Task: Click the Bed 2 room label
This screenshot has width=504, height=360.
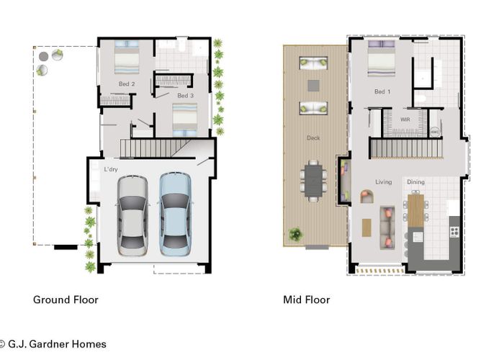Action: tap(127, 84)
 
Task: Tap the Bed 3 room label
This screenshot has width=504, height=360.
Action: tap(186, 96)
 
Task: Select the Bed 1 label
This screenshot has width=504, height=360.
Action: tap(382, 91)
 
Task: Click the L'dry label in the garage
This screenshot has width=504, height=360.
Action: tap(111, 169)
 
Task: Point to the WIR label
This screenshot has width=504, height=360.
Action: tap(405, 120)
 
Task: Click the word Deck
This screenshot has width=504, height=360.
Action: tap(313, 138)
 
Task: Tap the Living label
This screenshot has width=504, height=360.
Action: tap(384, 182)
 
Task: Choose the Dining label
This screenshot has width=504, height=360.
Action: tap(415, 182)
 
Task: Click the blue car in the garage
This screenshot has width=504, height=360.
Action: tap(175, 214)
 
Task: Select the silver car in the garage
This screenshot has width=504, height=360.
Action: tap(132, 215)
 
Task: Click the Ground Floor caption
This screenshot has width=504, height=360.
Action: tap(66, 300)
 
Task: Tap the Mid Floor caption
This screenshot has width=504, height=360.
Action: tap(306, 300)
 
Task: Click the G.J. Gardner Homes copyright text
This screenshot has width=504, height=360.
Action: tap(53, 344)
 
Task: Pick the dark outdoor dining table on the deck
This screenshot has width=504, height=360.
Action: tap(313, 181)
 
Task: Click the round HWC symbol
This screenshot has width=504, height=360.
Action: tap(435, 132)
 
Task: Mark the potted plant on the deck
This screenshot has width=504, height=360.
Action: tap(295, 234)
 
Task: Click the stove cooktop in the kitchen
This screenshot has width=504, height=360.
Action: tap(454, 231)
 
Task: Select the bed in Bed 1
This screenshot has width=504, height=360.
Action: tap(381, 58)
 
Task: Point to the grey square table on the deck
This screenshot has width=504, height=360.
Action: tap(313, 86)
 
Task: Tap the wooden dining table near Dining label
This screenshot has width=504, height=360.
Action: tap(415, 210)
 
